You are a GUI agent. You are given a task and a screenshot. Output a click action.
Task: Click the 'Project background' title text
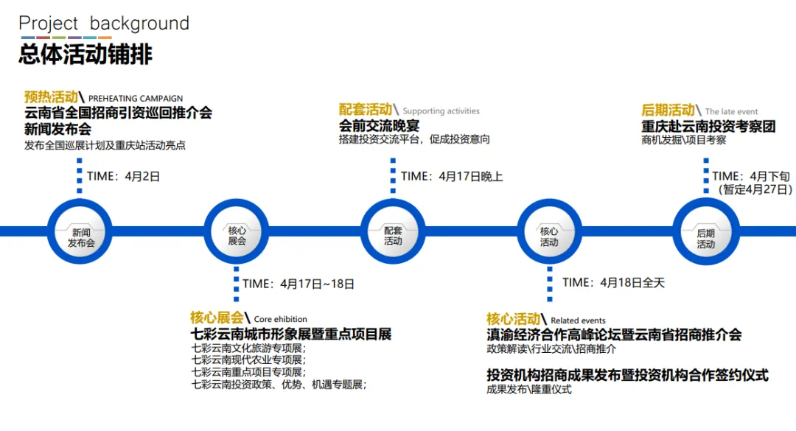tap(104, 24)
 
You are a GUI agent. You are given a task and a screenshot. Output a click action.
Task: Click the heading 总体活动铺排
tap(85, 55)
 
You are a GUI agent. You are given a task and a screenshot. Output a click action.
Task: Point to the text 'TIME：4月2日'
tap(123, 176)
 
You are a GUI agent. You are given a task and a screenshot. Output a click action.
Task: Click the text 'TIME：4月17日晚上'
tap(452, 176)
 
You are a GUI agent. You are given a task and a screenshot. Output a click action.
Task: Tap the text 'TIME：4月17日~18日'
tap(298, 283)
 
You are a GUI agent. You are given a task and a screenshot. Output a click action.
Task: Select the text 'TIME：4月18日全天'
tap(613, 282)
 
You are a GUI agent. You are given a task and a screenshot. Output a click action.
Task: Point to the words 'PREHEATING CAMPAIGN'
tap(136, 98)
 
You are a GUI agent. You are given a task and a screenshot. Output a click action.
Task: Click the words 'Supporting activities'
tap(441, 111)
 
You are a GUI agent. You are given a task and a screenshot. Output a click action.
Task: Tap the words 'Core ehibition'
tap(281, 320)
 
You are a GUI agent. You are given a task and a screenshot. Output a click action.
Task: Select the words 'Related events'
tap(578, 320)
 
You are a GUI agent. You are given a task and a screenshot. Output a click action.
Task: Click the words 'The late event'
tap(731, 112)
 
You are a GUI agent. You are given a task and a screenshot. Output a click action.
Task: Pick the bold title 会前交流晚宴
tap(379, 125)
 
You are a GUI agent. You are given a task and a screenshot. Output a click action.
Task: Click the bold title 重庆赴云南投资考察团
tap(708, 126)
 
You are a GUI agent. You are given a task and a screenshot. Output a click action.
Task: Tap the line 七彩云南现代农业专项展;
tap(248, 360)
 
